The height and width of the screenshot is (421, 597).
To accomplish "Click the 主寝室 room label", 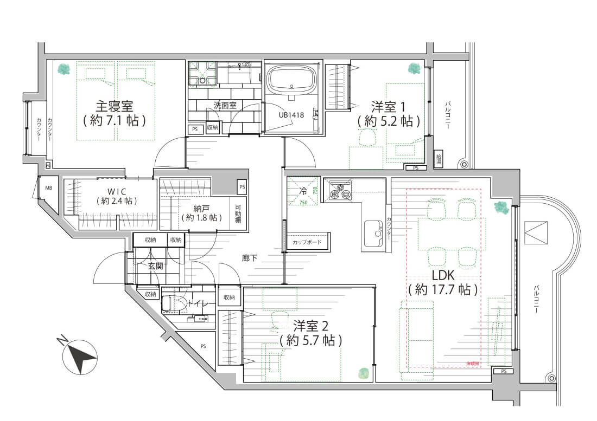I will [115, 105].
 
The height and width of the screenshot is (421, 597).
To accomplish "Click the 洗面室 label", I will [224, 106].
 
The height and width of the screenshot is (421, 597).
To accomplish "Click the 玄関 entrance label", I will [155, 266].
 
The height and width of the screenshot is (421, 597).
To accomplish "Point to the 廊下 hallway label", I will [250, 258].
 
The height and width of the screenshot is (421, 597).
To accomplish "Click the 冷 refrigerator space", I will [303, 191].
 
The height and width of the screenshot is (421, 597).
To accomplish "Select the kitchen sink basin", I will [373, 230].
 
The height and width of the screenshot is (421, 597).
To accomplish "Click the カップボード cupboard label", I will [307, 242].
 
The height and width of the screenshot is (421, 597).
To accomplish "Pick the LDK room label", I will [443, 275].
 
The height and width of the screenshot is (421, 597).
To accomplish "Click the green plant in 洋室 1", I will [414, 69].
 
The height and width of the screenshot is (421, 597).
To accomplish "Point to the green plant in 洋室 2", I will [364, 373].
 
